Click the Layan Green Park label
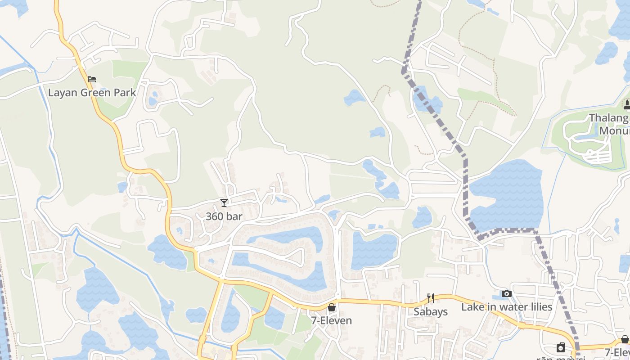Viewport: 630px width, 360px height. point(92,93)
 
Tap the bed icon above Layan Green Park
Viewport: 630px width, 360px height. point(92,79)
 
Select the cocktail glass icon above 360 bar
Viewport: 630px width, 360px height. point(224,203)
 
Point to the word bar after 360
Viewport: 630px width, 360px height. point(234,216)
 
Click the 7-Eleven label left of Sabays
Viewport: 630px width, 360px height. point(331,321)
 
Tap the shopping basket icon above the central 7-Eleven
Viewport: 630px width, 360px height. point(332,307)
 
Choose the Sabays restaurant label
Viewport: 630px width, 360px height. point(431,311)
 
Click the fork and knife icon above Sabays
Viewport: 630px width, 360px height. point(431,298)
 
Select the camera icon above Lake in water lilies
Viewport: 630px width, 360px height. point(507,294)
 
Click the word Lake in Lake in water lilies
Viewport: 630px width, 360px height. point(472,307)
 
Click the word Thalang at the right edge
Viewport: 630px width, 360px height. point(609,118)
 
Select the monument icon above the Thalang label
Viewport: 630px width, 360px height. point(627,105)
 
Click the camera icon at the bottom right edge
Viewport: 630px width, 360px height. point(561,347)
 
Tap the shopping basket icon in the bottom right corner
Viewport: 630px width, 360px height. point(625,339)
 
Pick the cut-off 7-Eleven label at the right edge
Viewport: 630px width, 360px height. point(617,352)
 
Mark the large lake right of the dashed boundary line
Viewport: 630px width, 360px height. point(506,196)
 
